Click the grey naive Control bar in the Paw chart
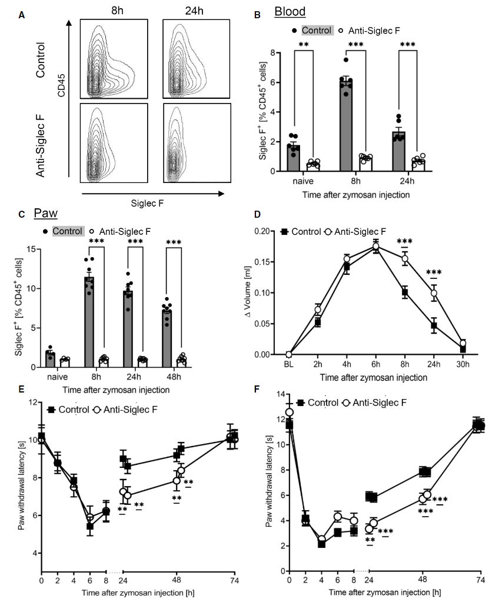[x=50, y=360]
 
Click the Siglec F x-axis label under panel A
[x=151, y=204]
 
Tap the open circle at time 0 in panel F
[x=289, y=413]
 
